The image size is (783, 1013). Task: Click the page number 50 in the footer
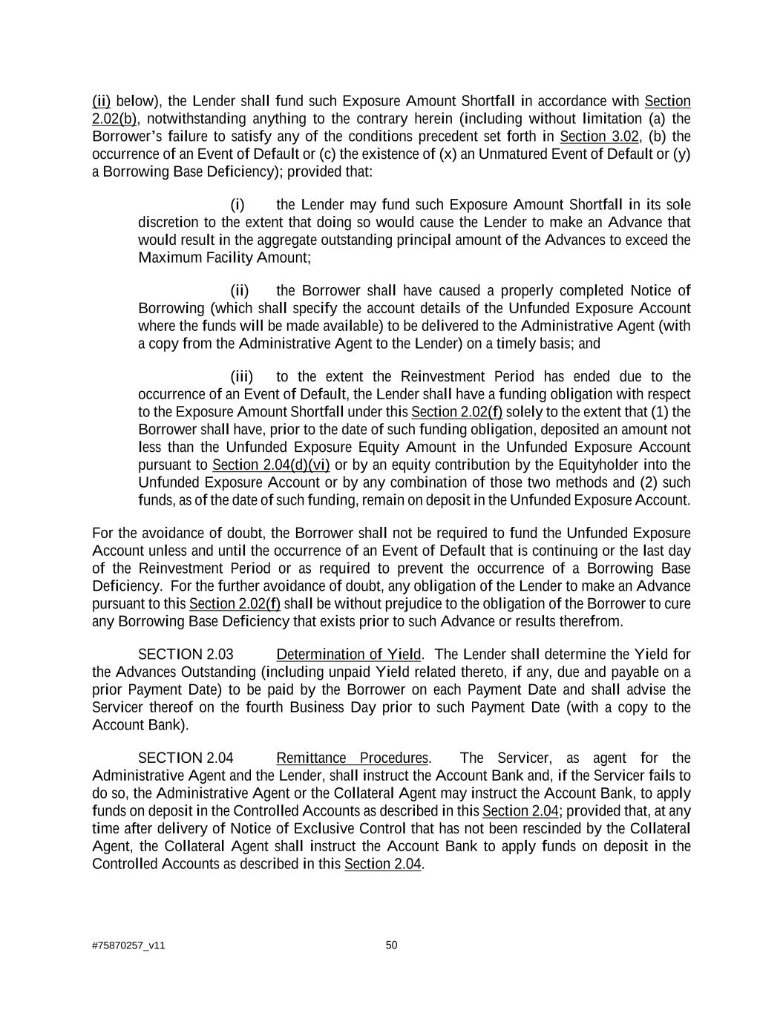click(391, 945)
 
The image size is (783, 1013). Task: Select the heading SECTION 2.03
click(186, 654)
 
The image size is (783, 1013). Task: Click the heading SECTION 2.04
click(186, 758)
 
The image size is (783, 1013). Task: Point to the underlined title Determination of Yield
click(348, 654)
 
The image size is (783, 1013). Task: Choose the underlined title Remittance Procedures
click(352, 758)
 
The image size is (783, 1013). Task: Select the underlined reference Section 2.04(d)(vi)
click(270, 465)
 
